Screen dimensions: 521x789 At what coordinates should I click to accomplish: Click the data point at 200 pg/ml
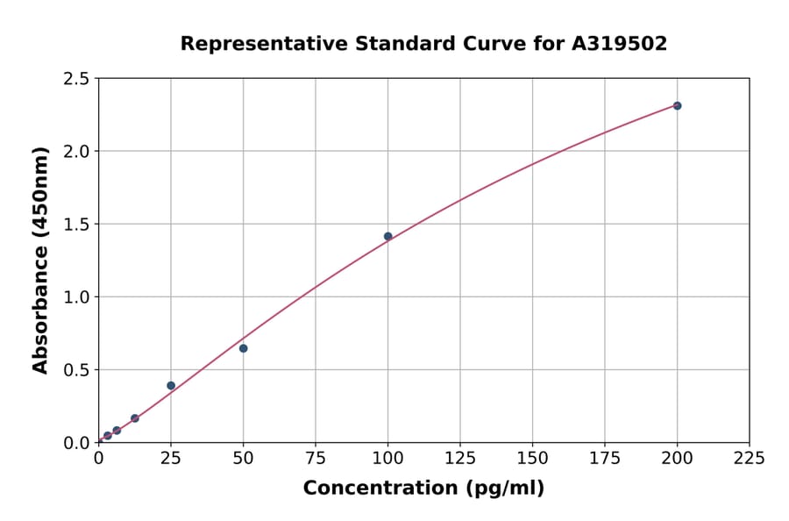(x=677, y=105)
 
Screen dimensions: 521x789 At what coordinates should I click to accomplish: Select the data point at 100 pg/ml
(x=387, y=236)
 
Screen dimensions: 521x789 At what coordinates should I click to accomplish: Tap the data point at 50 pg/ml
(x=243, y=348)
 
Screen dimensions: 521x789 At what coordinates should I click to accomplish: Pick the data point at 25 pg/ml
(x=171, y=385)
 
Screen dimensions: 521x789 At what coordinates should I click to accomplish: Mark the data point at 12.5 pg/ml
(x=135, y=418)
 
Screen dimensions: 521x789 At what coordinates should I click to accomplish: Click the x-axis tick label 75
(x=316, y=458)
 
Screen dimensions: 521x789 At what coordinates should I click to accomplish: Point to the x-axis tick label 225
(x=749, y=458)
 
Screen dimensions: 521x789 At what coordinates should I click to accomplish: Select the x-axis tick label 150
(x=532, y=458)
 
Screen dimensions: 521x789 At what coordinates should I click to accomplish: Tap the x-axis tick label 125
(x=460, y=458)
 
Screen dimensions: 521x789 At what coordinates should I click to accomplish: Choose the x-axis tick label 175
(x=604, y=458)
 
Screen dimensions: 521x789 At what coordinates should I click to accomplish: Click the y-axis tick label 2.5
(x=77, y=79)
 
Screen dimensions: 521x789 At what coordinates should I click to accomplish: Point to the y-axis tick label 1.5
(x=77, y=225)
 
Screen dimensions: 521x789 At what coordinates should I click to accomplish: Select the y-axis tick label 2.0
(x=77, y=152)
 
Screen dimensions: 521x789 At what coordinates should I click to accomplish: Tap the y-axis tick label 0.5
(x=77, y=370)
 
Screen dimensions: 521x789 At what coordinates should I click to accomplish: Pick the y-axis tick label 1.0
(x=77, y=297)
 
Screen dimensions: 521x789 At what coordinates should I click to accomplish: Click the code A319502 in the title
(x=619, y=44)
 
